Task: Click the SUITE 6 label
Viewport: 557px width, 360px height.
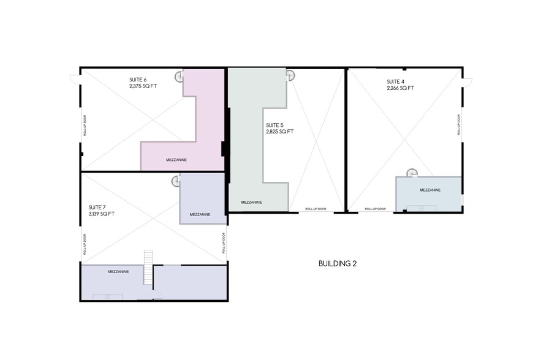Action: [x=138, y=80]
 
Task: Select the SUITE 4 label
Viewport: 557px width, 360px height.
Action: [x=395, y=81]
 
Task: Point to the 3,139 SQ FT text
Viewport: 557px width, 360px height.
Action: [x=102, y=214]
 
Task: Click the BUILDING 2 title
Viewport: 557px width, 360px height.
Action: [x=337, y=264]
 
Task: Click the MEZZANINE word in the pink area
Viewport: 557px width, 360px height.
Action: [x=176, y=160]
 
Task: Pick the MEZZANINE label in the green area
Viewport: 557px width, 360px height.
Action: [x=252, y=202]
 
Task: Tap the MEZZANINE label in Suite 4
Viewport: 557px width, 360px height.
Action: [x=430, y=190]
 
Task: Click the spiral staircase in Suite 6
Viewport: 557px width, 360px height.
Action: [x=179, y=77]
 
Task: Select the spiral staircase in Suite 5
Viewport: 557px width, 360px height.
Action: [x=290, y=76]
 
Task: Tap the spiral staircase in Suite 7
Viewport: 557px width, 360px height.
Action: [x=175, y=181]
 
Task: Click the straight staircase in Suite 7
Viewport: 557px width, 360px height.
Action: [x=148, y=267]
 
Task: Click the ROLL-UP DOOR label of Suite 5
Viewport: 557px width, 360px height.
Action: [x=316, y=209]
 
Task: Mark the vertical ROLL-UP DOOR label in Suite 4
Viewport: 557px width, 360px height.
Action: [x=459, y=124]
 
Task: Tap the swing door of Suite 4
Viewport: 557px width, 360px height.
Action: [x=468, y=82]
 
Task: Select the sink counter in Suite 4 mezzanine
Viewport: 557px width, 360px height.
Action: [x=421, y=208]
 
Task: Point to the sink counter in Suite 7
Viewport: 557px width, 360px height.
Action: [x=107, y=297]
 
